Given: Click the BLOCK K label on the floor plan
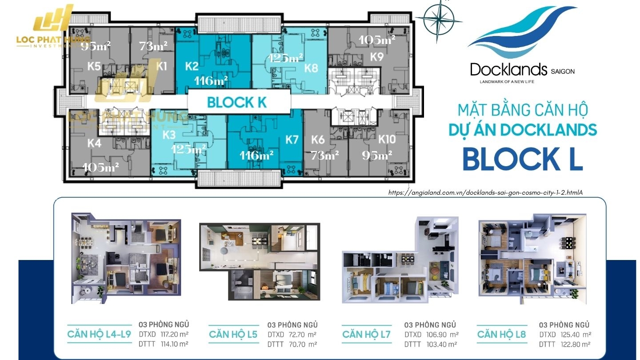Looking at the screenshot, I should pos(237,102).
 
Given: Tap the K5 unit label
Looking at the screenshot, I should pos(94,67).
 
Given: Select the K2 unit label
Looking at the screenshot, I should pos(192,67).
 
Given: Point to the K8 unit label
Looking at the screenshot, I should pos(311,68).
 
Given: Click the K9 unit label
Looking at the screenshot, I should pos(377,57).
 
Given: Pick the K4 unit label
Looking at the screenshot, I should pos(94,143).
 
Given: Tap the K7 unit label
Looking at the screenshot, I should pos(292,140).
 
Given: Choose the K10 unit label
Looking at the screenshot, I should pos(387,140).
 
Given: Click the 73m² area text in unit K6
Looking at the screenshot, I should pos(325,155).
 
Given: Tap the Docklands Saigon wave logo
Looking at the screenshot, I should pos(523,33).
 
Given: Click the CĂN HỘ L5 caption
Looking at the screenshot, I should pos(233,334).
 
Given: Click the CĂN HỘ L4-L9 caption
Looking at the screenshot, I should pos(99,334).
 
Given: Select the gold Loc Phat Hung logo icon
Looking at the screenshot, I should pos(54,20).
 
